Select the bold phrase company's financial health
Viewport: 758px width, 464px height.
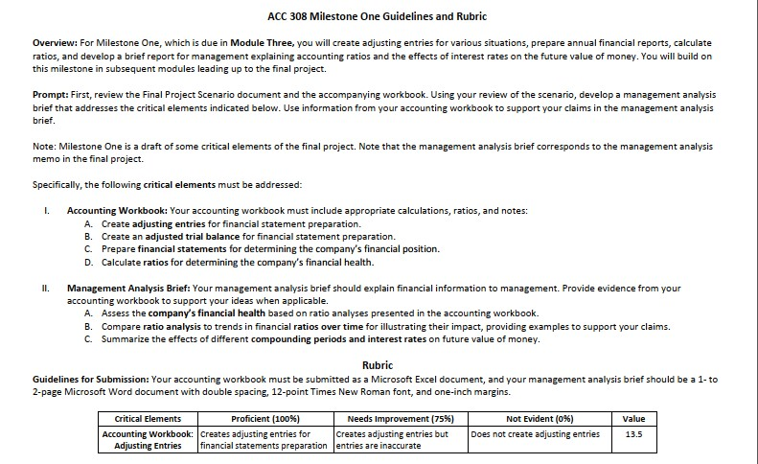197,313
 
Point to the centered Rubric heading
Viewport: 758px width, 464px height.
378,365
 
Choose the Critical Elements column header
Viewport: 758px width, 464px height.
148,419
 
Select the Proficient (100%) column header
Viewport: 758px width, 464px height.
265,419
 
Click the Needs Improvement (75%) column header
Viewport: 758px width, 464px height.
401,419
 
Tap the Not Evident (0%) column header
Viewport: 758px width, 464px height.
540,419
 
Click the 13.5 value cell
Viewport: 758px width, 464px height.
633,433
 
